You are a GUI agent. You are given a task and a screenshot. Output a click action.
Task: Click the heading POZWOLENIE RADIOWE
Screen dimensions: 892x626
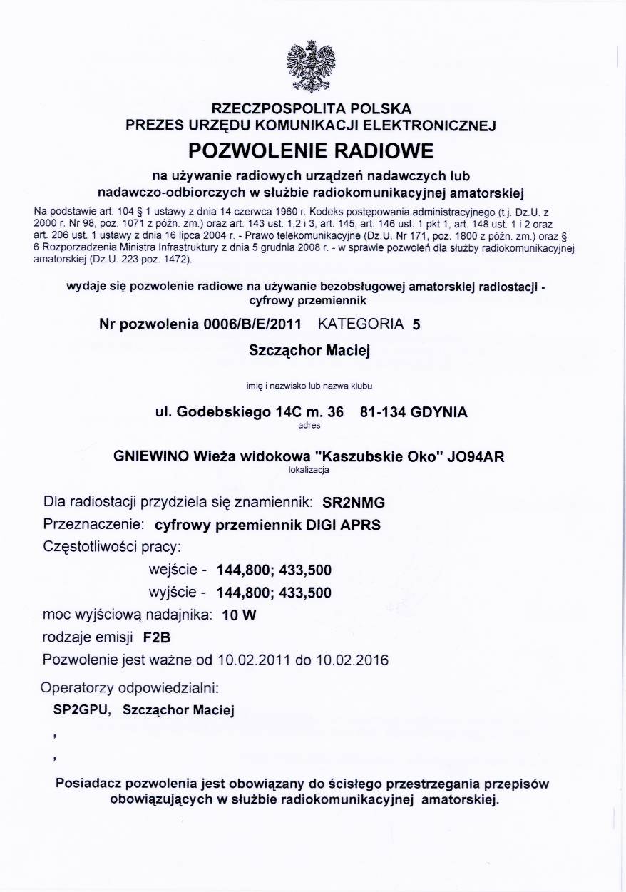[x=311, y=151]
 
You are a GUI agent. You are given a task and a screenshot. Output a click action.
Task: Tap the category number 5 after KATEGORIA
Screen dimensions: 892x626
[x=416, y=324]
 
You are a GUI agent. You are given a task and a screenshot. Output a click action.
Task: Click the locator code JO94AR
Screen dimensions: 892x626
[x=474, y=457]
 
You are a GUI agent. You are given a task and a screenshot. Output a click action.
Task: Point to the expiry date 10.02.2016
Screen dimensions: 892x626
[x=352, y=660]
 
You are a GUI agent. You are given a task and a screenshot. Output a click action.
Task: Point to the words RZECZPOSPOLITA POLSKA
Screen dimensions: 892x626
[x=312, y=109]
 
